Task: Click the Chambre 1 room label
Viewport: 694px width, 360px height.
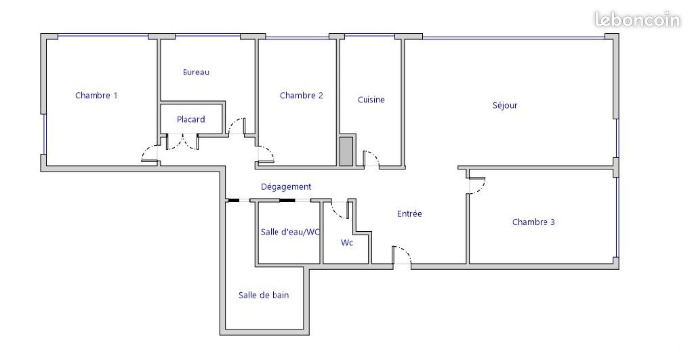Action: (x=96, y=95)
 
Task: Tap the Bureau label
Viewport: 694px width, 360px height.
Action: (x=196, y=72)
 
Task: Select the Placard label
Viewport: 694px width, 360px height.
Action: (x=190, y=119)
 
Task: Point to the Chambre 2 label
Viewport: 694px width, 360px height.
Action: (x=302, y=95)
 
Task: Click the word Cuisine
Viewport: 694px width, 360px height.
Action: (x=371, y=100)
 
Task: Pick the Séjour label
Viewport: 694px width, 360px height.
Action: (x=504, y=105)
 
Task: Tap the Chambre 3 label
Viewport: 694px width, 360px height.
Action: (x=533, y=222)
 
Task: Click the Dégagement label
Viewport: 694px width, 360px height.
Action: (x=286, y=187)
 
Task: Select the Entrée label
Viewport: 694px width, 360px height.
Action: (x=409, y=214)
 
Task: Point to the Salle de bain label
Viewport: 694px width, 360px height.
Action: (x=264, y=295)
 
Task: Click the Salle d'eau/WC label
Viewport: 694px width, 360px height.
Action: (x=290, y=232)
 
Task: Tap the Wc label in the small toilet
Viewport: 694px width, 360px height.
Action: (x=347, y=242)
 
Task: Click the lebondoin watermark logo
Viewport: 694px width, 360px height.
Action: (x=637, y=20)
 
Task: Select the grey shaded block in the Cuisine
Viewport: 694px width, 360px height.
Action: (x=346, y=151)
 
